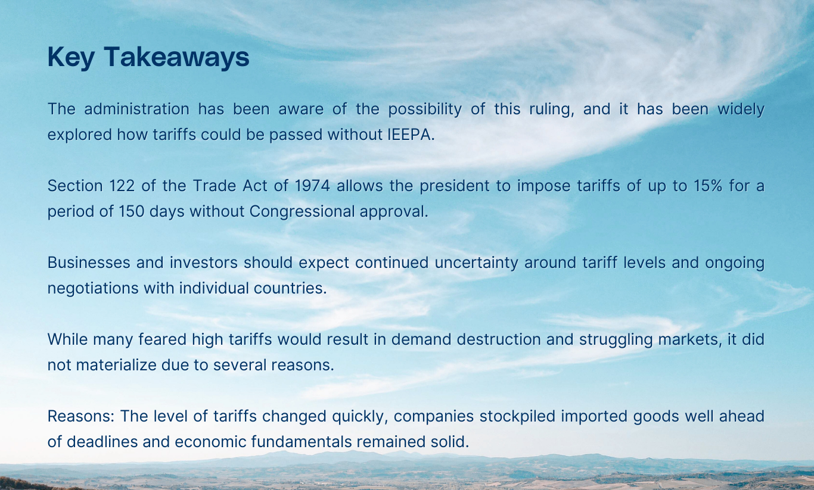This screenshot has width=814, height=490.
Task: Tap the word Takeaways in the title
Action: click(x=176, y=57)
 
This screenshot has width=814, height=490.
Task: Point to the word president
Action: click(x=456, y=186)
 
